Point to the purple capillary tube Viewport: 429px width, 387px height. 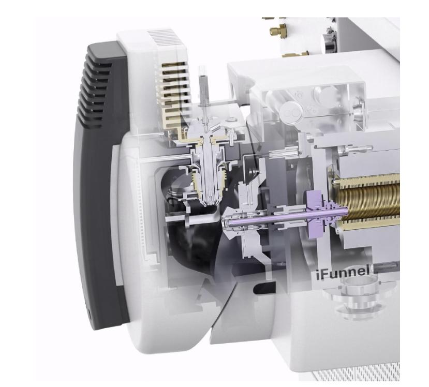pyautogui.click(x=288, y=217)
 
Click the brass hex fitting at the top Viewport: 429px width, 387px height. pyautogui.click(x=278, y=29)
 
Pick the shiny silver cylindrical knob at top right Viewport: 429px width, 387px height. pyautogui.click(x=329, y=43)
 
